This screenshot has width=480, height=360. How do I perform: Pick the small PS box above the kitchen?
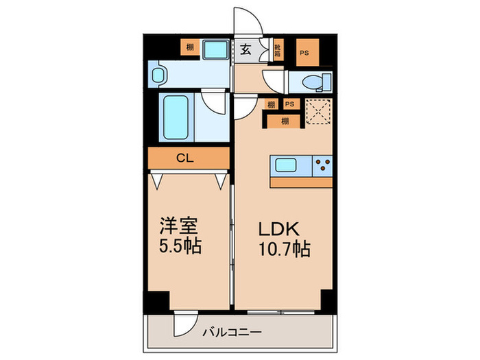[x=290, y=104]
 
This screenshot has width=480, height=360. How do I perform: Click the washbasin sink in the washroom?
[x=160, y=74]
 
